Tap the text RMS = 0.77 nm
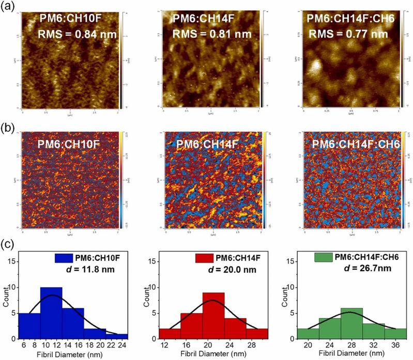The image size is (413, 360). (348, 35)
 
